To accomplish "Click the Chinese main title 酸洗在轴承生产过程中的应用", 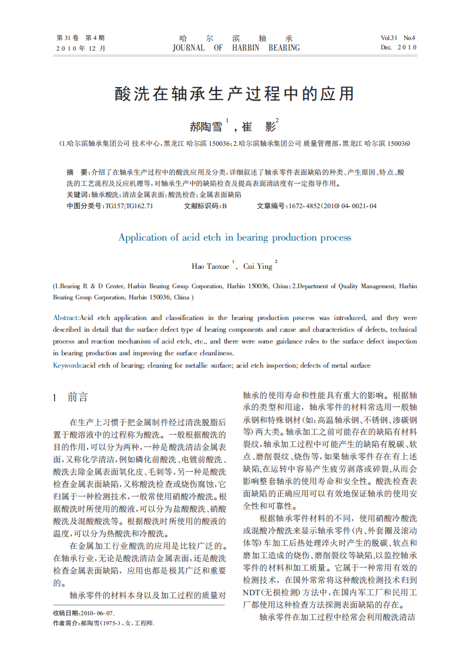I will pyautogui.click(x=234, y=94).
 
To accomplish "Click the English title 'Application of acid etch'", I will pyautogui.click(x=234, y=238).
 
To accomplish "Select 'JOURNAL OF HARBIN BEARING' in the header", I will pyautogui.click(x=236, y=48).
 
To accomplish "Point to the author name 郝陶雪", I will pyautogui.click(x=206, y=126).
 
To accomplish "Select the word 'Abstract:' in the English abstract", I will pyautogui.click(x=66, y=318).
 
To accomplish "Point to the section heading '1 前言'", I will pyautogui.click(x=70, y=398).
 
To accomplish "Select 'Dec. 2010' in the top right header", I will pyautogui.click(x=398, y=48).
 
